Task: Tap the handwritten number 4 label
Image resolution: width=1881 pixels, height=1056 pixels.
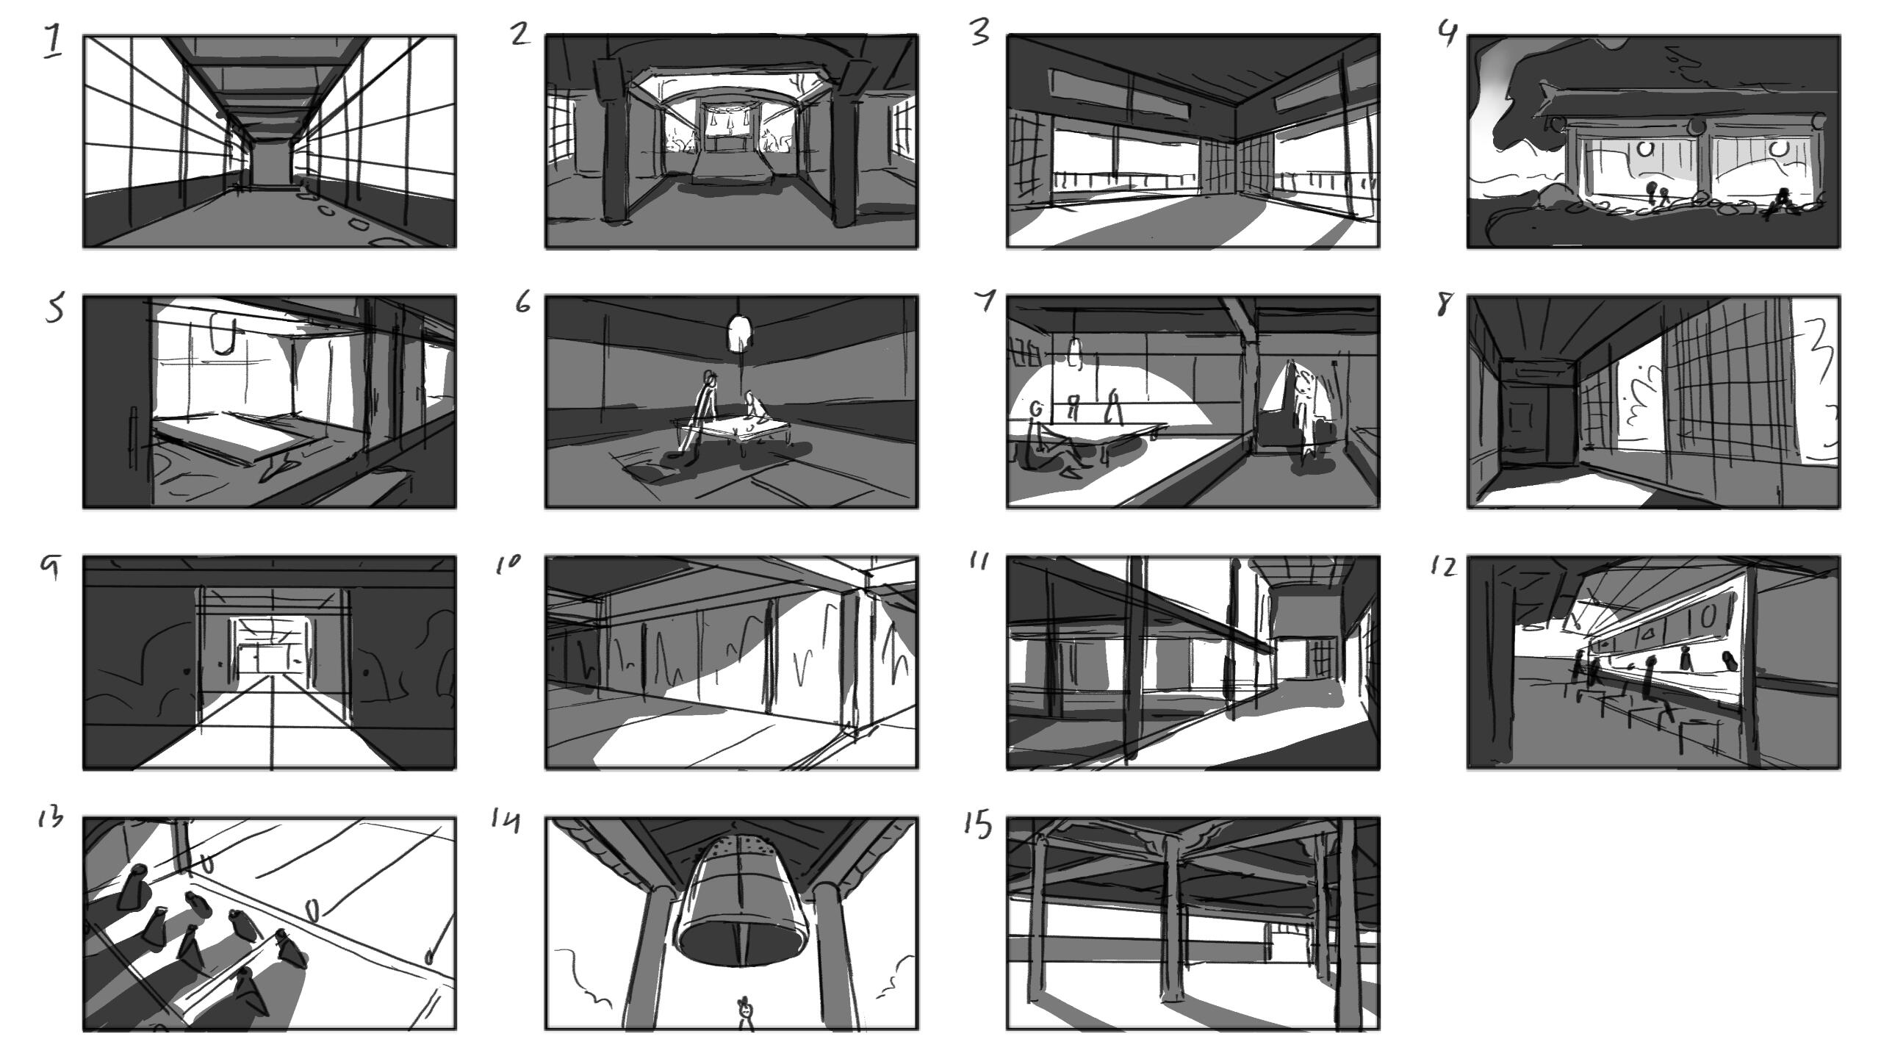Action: click(1447, 34)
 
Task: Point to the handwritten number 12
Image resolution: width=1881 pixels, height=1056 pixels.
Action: click(1443, 567)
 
